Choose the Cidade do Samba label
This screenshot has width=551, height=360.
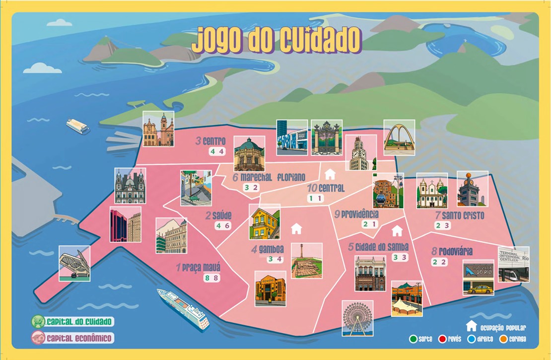(378, 246)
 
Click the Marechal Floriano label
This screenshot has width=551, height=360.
(268, 177)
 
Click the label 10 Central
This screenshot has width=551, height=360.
(326, 188)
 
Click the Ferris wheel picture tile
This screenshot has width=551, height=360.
(357, 318)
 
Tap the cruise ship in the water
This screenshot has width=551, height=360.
(183, 308)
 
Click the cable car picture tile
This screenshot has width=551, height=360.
(388, 191)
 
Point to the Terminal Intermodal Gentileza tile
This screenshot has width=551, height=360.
(513, 264)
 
